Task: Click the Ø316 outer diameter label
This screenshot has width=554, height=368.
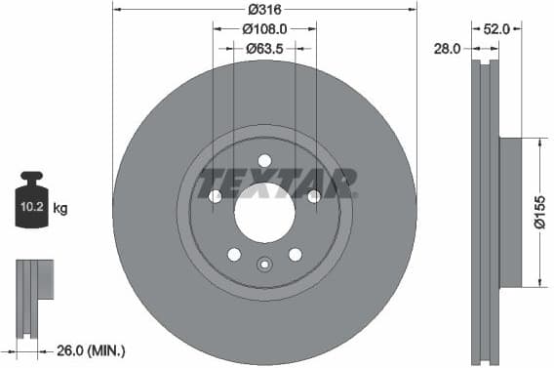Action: click(x=265, y=9)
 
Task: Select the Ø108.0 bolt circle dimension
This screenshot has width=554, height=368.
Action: click(x=265, y=28)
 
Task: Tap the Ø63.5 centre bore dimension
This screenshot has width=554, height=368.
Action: click(x=264, y=48)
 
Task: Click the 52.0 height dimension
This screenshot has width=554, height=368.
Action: click(x=497, y=29)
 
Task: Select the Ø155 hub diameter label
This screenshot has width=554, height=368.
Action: click(x=541, y=212)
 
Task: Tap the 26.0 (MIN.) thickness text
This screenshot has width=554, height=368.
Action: click(x=91, y=349)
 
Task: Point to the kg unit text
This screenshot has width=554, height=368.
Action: click(x=59, y=209)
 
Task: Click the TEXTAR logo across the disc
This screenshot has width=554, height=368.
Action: click(x=277, y=183)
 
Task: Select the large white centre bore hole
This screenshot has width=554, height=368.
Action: click(x=264, y=213)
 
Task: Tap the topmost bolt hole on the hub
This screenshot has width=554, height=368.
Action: click(x=264, y=161)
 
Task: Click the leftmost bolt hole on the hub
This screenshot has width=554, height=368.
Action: click(x=215, y=196)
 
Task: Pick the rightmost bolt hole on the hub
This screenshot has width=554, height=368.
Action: click(x=313, y=196)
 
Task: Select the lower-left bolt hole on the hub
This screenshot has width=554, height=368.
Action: click(x=234, y=254)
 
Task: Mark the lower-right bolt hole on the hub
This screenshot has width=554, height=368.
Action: click(x=295, y=254)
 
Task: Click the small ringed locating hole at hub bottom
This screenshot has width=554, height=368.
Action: click(x=264, y=263)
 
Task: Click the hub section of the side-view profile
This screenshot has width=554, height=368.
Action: click(x=511, y=213)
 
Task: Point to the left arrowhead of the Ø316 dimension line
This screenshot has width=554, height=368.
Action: click(x=116, y=10)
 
